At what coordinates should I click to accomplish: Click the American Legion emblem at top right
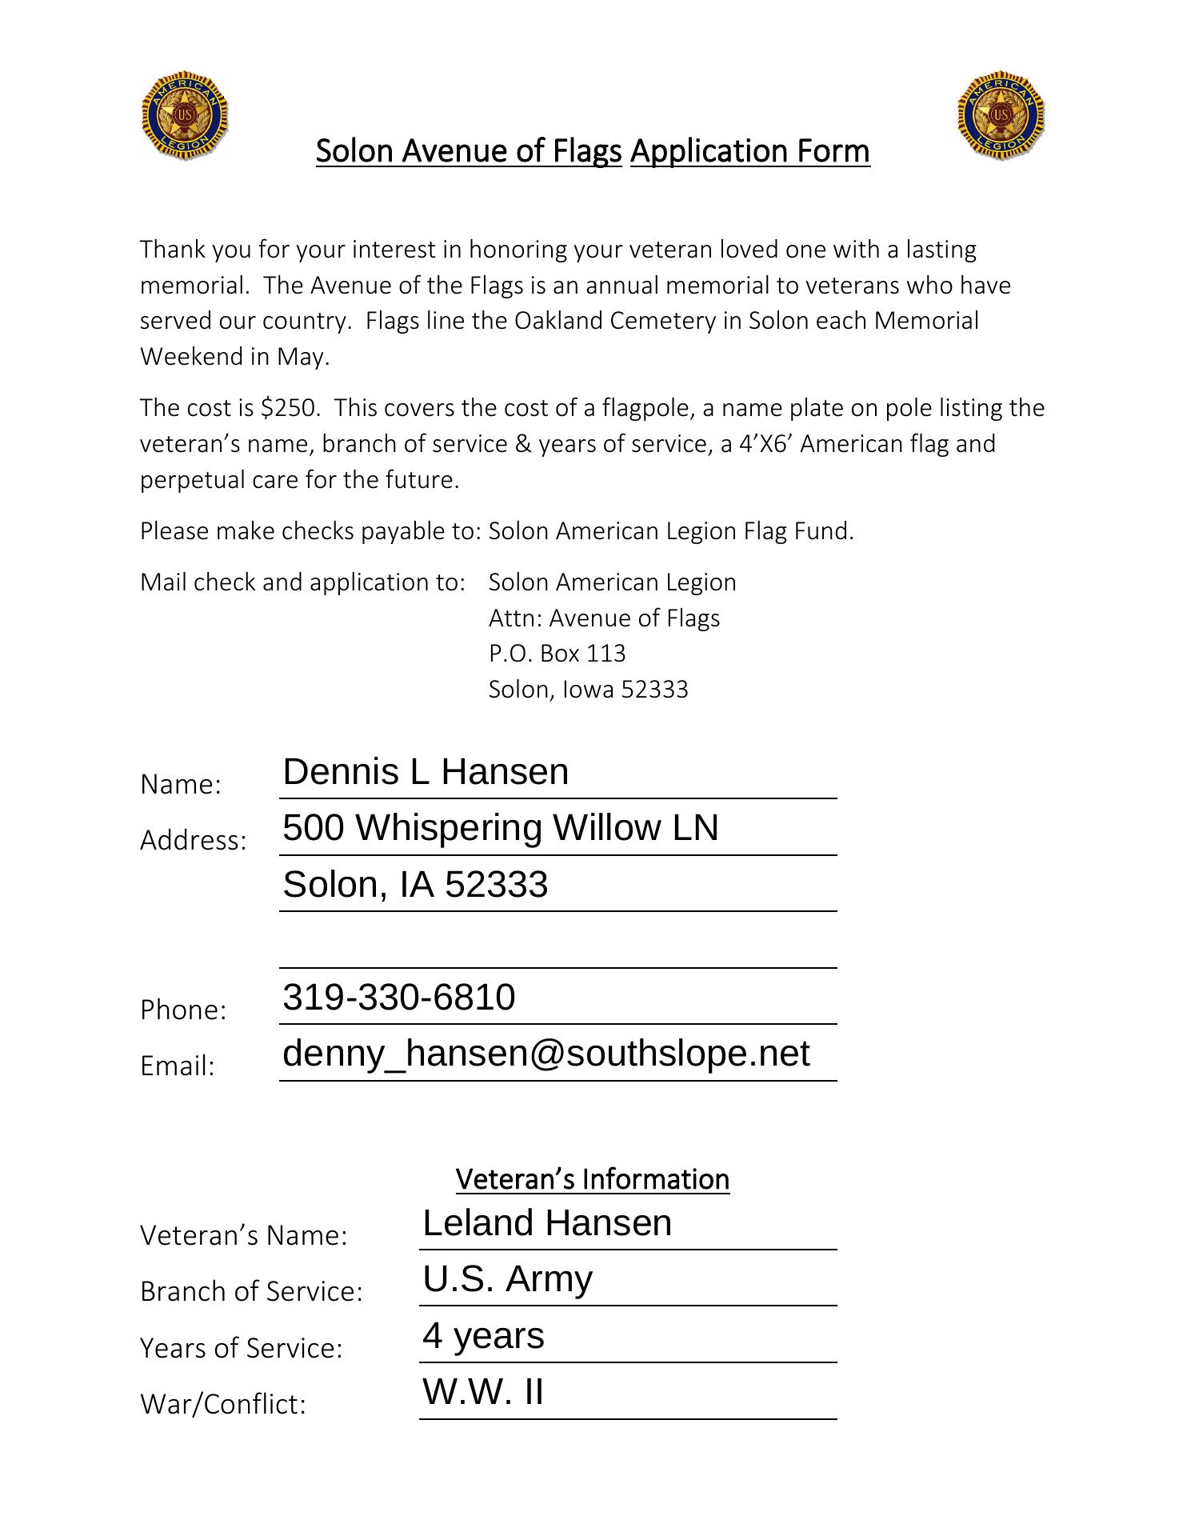pyautogui.click(x=1001, y=117)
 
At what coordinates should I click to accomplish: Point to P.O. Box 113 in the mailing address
pyautogui.click(x=557, y=654)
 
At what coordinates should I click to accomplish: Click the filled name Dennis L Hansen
pyautogui.click(x=426, y=772)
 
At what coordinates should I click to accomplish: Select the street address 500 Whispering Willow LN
pyautogui.click(x=500, y=828)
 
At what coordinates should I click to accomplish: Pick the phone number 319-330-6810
pyautogui.click(x=398, y=998)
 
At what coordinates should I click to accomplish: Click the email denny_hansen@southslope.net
pyautogui.click(x=546, y=1054)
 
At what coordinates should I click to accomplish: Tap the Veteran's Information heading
pyautogui.click(x=593, y=1179)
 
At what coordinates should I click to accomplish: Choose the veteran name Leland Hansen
pyautogui.click(x=547, y=1223)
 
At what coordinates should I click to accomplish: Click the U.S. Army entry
pyautogui.click(x=507, y=1279)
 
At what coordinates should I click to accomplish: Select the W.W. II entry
pyautogui.click(x=483, y=1392)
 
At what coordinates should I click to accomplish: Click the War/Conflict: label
pyautogui.click(x=223, y=1404)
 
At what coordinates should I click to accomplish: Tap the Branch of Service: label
pyautogui.click(x=251, y=1291)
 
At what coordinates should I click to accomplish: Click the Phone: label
pyautogui.click(x=183, y=1010)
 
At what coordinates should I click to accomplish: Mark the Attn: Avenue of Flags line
pyautogui.click(x=604, y=618)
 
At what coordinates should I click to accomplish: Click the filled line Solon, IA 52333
pyautogui.click(x=415, y=885)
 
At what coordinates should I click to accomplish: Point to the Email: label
pyautogui.click(x=178, y=1066)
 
